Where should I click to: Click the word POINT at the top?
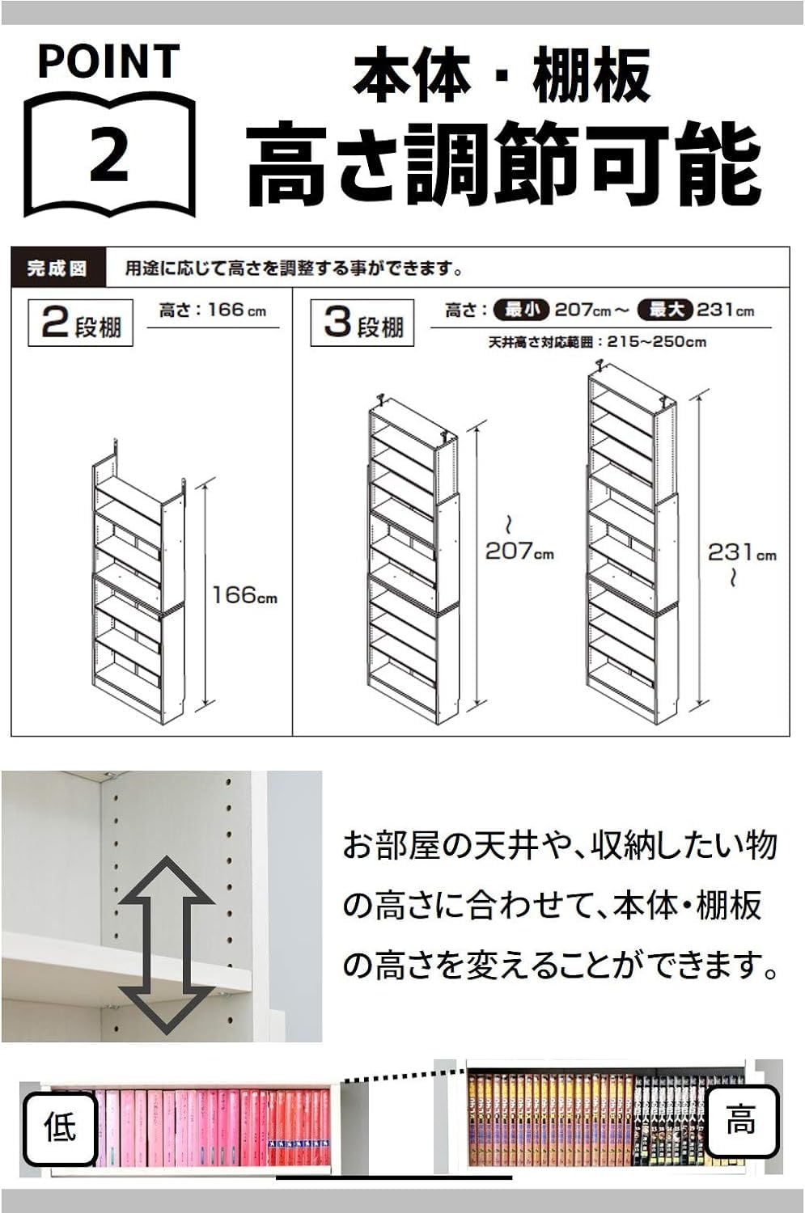tap(108, 61)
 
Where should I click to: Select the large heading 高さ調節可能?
tap(503, 165)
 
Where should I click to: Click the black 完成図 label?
tap(57, 268)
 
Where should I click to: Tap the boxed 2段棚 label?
tap(81, 323)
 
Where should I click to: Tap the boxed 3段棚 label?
tap(362, 323)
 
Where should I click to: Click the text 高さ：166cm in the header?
tap(213, 311)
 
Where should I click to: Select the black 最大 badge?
tap(666, 310)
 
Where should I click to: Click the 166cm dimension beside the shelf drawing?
tap(244, 595)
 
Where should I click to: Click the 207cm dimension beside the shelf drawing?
tap(519, 552)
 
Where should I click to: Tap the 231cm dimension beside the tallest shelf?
tap(741, 553)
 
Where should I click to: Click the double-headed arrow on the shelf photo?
tap(167, 945)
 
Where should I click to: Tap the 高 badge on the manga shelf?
tap(741, 1122)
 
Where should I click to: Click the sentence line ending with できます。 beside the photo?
tap(560, 964)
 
